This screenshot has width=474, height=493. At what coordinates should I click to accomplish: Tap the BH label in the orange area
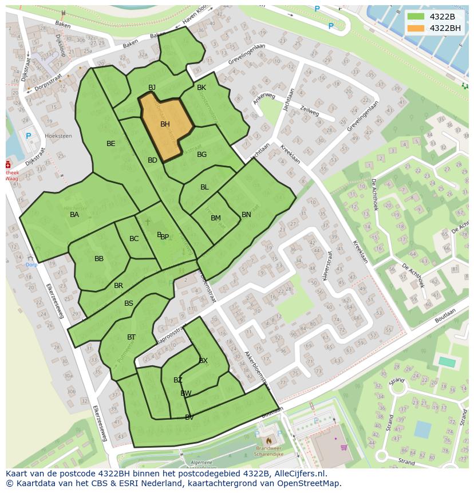click(x=165, y=124)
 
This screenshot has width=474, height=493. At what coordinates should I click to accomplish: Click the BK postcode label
click(x=202, y=88)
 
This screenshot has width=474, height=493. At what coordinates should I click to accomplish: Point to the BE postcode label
click(x=111, y=144)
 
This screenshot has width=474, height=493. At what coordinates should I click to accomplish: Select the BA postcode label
click(x=74, y=215)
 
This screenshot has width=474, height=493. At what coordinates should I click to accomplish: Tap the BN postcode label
click(x=246, y=215)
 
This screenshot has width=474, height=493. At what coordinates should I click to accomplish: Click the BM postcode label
click(x=216, y=218)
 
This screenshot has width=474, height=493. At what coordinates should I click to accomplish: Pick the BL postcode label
click(x=204, y=187)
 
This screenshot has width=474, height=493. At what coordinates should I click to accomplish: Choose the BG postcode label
click(x=202, y=155)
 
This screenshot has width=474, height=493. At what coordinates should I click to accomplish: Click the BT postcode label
click(x=132, y=337)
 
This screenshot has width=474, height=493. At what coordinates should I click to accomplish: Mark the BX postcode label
click(x=203, y=361)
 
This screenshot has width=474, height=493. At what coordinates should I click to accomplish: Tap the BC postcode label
click(x=134, y=239)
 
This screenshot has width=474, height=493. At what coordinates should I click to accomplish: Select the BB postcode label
click(x=99, y=259)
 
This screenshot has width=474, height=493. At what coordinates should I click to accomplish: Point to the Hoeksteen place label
click(x=58, y=136)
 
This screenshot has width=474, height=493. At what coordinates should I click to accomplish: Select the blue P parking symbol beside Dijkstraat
click(x=29, y=136)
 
